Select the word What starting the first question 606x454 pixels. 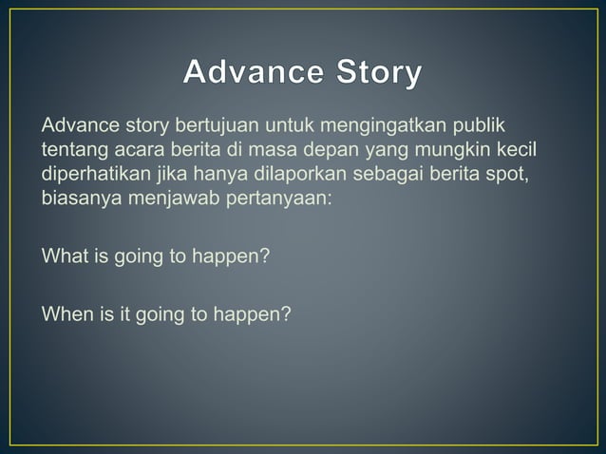(63, 257)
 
